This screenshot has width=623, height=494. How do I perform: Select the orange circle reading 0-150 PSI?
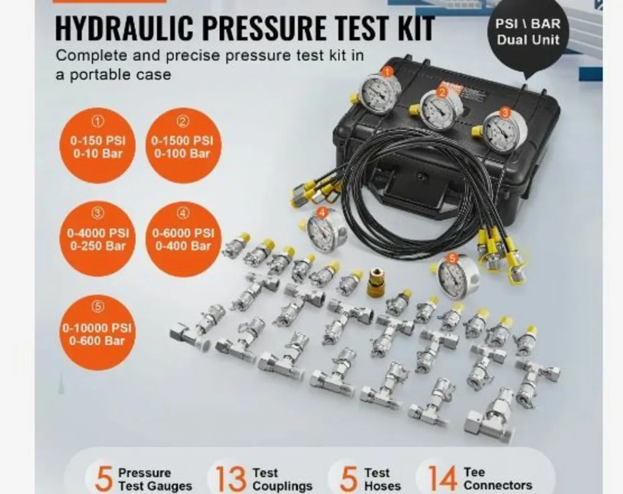98,146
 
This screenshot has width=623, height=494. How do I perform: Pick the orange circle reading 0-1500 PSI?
183,146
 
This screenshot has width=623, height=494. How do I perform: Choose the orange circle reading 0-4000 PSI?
98,239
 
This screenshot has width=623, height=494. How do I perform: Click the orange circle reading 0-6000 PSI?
183,239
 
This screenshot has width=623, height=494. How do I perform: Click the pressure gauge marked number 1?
379,94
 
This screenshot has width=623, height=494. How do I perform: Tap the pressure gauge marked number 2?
440,110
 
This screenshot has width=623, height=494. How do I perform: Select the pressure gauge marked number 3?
504,132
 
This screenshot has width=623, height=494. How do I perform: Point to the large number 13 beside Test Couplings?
231,478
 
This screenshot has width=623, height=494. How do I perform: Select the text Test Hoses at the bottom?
382,479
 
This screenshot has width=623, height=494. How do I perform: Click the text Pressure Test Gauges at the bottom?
155,479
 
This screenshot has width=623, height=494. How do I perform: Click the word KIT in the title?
414,29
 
